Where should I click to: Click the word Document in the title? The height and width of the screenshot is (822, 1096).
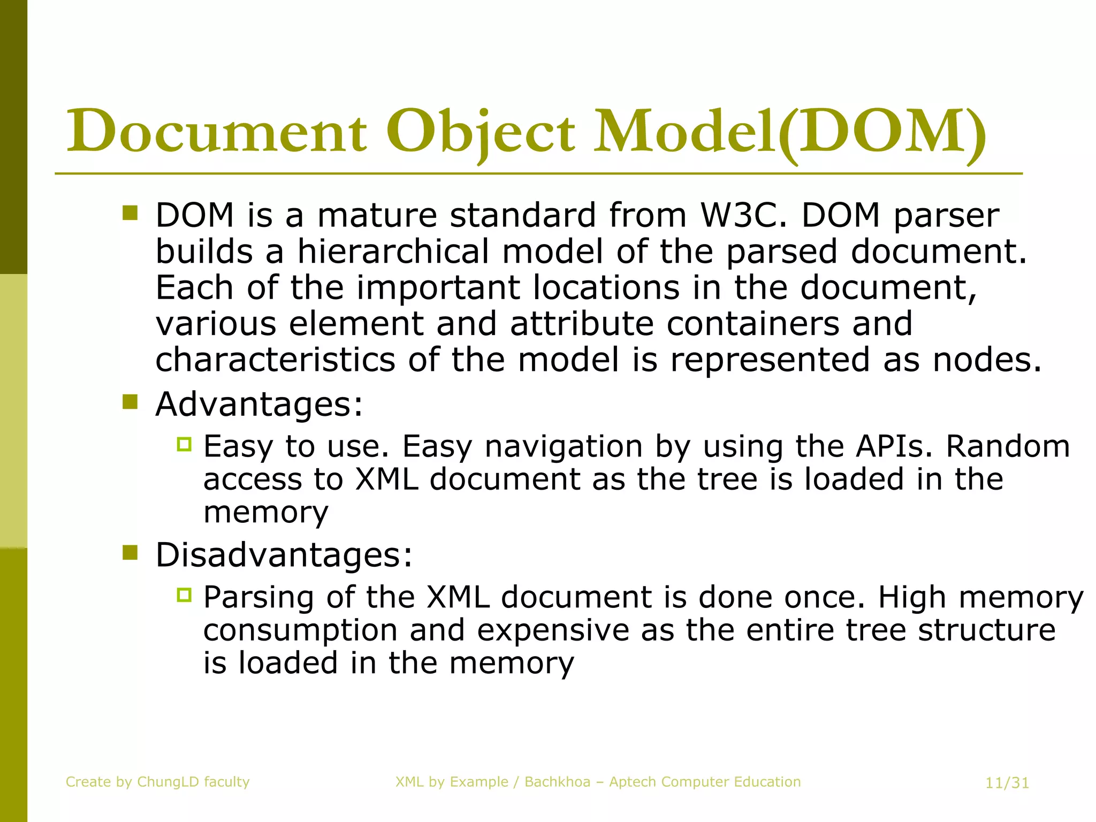(x=217, y=132)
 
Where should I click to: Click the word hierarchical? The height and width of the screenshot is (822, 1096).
(x=393, y=252)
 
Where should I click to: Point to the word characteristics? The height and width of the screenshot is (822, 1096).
(x=275, y=360)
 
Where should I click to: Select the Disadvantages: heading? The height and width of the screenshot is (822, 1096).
(x=284, y=555)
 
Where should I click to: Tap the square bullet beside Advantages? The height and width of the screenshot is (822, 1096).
(x=130, y=401)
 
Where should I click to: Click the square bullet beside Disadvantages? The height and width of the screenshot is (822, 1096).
(x=130, y=552)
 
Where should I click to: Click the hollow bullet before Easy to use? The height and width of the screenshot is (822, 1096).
(x=184, y=444)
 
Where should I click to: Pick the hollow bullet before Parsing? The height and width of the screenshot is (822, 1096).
(x=184, y=595)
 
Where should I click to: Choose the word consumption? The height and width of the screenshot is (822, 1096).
(x=300, y=630)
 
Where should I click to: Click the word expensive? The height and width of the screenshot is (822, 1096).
(x=553, y=630)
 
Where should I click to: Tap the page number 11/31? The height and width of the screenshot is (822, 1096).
(x=1007, y=783)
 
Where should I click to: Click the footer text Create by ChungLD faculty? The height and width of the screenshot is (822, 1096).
(x=158, y=782)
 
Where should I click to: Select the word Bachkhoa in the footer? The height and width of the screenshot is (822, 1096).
(x=557, y=782)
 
